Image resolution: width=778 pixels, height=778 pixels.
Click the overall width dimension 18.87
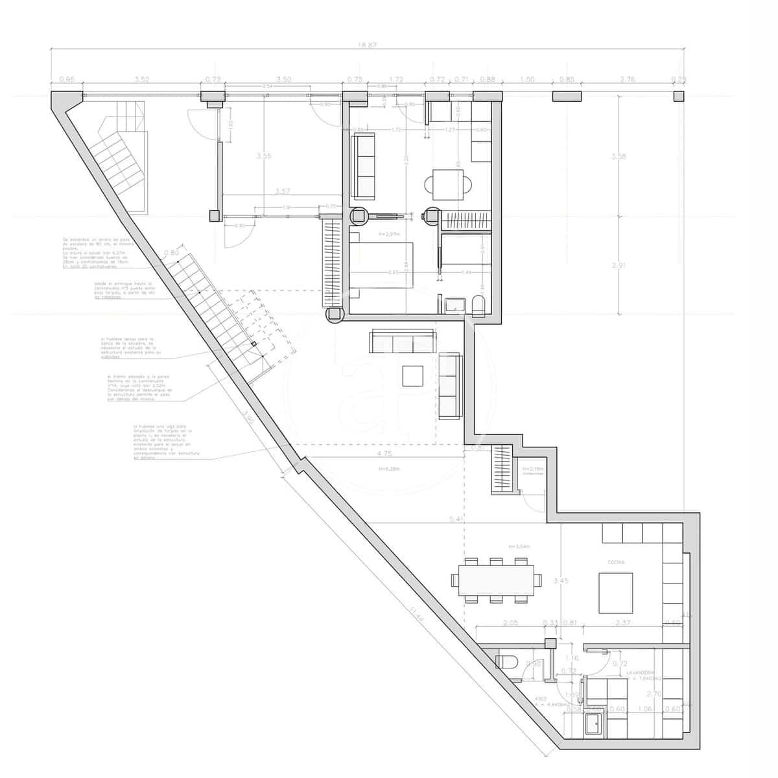[x=367, y=45]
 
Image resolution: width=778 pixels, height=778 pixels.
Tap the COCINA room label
[x=616, y=563]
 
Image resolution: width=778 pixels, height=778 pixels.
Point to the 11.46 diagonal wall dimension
[x=417, y=613]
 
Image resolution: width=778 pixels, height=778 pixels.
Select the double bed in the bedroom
[x=381, y=266]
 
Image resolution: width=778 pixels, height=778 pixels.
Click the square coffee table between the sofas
[x=412, y=376]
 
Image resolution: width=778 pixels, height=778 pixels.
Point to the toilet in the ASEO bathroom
[x=506, y=662]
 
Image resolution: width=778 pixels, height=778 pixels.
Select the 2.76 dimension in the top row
[x=628, y=80]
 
